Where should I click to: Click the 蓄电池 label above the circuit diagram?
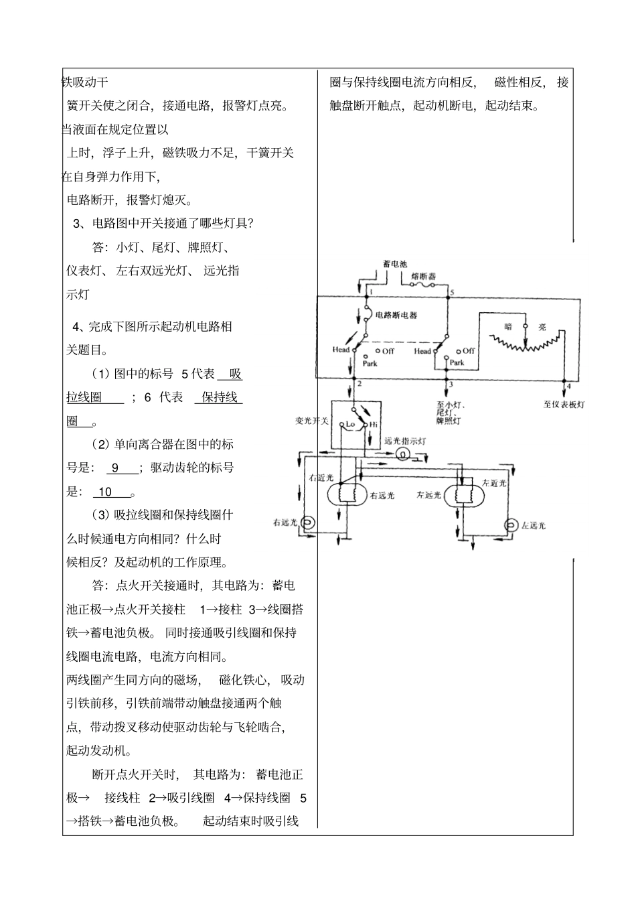[395, 264]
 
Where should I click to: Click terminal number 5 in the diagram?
[452, 293]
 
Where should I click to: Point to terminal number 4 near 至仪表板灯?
[568, 386]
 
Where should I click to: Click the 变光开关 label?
[313, 421]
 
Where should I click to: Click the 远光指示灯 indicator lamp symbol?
[403, 454]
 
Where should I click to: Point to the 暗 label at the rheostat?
[508, 327]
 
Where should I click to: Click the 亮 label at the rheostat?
[542, 327]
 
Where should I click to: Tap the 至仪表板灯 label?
[565, 405]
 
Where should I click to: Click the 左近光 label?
[495, 482]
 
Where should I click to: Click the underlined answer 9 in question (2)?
[115, 468]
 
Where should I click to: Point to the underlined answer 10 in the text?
[106, 492]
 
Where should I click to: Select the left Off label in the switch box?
[388, 350]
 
